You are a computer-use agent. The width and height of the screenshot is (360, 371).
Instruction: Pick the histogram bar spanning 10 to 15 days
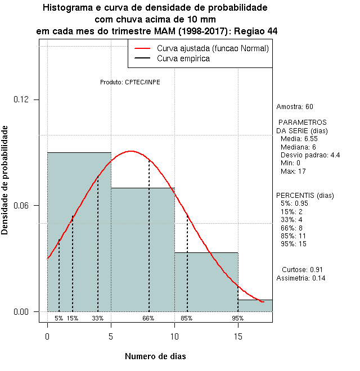click(x=206, y=282)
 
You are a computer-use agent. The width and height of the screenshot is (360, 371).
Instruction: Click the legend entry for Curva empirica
click(x=183, y=58)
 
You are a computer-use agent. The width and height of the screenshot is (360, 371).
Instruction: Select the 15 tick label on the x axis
click(x=238, y=336)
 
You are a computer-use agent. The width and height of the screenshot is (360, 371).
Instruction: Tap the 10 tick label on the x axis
click(x=174, y=336)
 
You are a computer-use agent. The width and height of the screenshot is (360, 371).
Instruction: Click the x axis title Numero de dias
click(x=155, y=356)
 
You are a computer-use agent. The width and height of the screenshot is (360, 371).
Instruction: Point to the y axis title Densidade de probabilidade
click(x=5, y=180)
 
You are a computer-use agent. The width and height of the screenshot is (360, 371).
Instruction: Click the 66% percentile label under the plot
click(x=148, y=318)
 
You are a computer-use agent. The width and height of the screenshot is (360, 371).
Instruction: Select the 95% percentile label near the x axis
click(x=237, y=318)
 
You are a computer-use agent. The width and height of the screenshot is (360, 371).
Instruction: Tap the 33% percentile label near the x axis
click(x=98, y=318)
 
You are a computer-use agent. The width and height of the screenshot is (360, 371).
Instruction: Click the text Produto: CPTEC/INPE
click(x=130, y=82)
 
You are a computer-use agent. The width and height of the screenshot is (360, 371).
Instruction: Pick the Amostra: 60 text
click(x=295, y=107)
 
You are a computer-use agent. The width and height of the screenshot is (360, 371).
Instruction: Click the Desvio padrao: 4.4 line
click(x=310, y=155)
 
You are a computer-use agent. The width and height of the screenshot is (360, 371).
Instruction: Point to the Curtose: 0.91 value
click(x=302, y=269)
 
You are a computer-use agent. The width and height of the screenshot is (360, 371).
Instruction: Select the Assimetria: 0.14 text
click(x=301, y=278)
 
